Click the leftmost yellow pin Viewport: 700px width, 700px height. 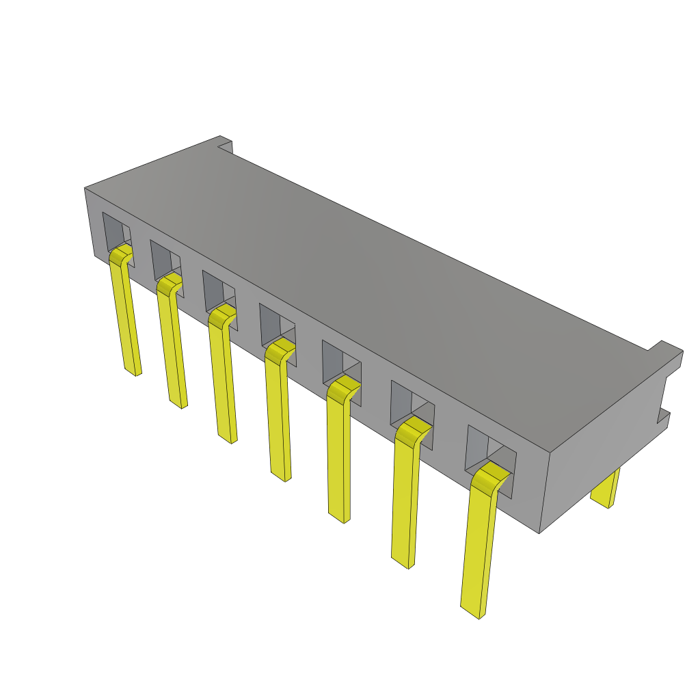click(x=126, y=314)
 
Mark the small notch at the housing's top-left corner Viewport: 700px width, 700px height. click(x=224, y=146)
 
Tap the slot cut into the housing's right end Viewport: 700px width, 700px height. click(x=664, y=396)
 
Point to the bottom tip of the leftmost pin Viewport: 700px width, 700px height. click(x=133, y=372)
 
